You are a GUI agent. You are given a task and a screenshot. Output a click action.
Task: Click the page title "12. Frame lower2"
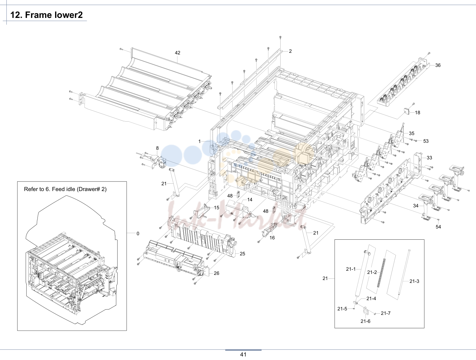click(x=46, y=15)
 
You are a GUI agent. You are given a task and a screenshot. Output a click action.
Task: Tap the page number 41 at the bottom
click(x=243, y=354)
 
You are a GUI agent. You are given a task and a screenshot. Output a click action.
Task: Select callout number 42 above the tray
click(x=177, y=52)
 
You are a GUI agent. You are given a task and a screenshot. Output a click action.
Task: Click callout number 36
click(x=438, y=65)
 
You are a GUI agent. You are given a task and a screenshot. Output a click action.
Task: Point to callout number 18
click(x=417, y=113)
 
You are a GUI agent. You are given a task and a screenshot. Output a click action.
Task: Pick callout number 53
click(x=426, y=141)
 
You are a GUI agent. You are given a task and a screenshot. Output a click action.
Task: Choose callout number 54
click(x=438, y=227)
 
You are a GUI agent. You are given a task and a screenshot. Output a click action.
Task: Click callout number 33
click(x=429, y=158)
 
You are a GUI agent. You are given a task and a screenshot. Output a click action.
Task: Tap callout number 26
click(x=217, y=273)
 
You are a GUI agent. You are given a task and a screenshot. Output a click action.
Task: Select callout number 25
click(x=242, y=254)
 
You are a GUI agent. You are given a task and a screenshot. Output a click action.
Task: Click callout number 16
click(x=272, y=238)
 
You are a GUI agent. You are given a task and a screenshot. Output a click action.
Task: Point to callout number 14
click(x=250, y=200)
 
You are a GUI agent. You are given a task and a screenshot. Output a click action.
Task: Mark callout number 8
click(x=157, y=148)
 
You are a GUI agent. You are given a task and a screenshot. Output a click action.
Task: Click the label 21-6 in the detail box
click(x=365, y=321)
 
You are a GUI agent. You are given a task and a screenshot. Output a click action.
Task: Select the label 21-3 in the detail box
click(x=414, y=281)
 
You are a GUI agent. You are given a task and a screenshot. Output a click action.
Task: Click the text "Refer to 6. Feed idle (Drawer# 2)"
click(x=65, y=189)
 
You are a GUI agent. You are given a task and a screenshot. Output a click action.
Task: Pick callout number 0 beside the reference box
click(x=138, y=234)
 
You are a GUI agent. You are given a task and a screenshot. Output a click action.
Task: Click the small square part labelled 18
click(x=406, y=111)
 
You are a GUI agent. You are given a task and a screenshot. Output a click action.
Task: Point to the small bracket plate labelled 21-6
click(x=365, y=311)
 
